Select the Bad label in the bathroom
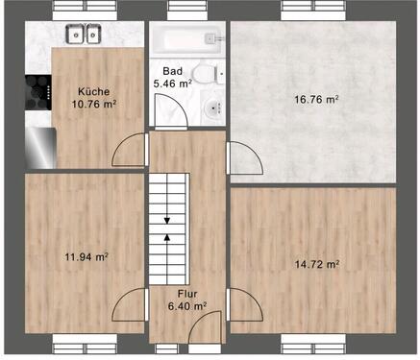coord(172,71)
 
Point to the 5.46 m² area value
coord(173,84)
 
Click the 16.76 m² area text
coord(318,99)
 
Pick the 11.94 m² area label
coord(85,257)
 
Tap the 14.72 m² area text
coord(316,263)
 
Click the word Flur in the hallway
coord(186,295)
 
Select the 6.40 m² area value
coord(186,306)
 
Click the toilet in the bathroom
coord(202,73)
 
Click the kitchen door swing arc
coord(128,149)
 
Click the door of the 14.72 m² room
coord(242,305)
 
